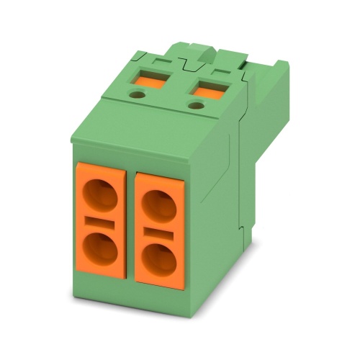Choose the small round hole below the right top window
194,107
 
